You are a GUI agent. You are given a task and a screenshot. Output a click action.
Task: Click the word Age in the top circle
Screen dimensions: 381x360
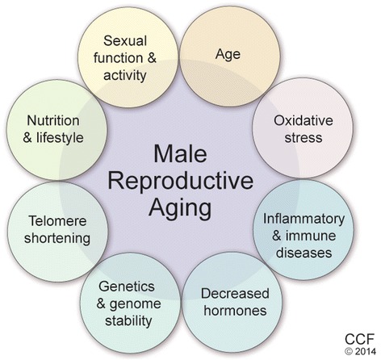click(228, 55)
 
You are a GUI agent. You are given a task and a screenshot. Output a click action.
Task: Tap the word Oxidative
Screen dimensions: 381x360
click(304, 120)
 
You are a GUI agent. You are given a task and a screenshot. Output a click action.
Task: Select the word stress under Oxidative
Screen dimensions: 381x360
click(304, 138)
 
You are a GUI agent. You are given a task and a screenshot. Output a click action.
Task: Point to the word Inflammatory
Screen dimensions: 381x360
click(304, 220)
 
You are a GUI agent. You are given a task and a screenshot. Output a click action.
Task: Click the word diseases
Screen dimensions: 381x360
click(304, 253)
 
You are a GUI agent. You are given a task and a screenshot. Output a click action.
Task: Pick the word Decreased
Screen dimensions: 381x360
click(235, 294)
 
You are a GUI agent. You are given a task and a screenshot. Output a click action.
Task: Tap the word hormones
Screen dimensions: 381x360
click(235, 311)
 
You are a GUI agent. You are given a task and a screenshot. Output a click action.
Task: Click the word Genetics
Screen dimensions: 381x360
click(127, 287)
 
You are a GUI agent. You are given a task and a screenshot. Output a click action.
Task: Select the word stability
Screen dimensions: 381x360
click(128, 321)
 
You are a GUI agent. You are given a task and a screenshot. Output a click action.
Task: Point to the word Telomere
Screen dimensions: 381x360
click(57, 221)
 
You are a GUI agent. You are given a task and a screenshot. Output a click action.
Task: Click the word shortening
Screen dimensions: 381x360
click(57, 239)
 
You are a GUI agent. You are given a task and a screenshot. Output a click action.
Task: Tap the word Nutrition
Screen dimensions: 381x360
click(53, 120)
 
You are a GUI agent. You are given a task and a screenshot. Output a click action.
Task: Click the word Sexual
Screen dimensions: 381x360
click(125, 41)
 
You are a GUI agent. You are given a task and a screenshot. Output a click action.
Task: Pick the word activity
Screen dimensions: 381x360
click(124, 76)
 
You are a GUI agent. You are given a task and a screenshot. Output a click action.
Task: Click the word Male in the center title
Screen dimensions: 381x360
click(180, 154)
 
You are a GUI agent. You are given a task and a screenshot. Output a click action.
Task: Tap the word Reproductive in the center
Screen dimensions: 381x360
click(180, 181)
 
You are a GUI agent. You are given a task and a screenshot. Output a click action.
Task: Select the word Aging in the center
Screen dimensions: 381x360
click(180, 208)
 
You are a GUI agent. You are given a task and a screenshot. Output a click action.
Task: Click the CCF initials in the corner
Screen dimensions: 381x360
click(360, 340)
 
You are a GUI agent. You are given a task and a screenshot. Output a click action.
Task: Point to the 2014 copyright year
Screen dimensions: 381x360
click(365, 351)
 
